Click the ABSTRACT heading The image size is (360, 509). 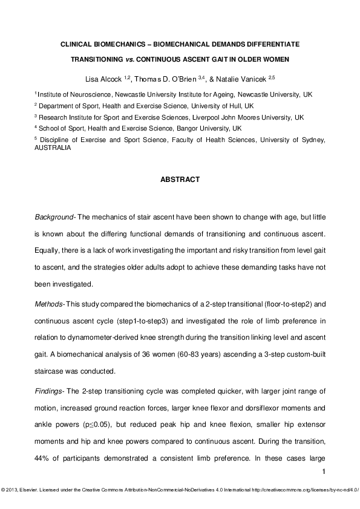tap(180, 180)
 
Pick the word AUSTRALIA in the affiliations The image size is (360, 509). tap(52, 147)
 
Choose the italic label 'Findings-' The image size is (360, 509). tap(50, 375)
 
